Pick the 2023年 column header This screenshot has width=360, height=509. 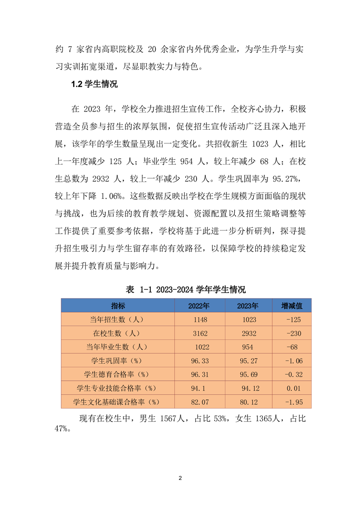point(247,306)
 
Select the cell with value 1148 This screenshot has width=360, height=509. point(200,319)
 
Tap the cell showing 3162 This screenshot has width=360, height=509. point(200,333)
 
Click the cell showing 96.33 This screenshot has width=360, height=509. point(200,361)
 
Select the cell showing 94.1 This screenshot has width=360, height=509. point(200,388)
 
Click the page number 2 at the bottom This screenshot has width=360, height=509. point(180,478)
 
